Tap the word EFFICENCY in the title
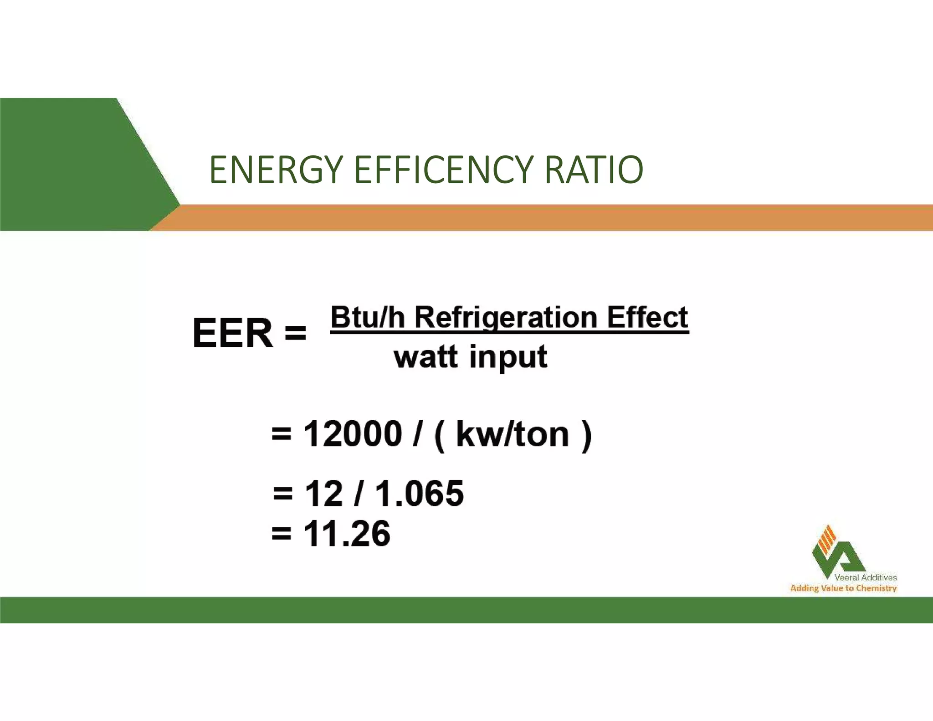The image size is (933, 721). (442, 170)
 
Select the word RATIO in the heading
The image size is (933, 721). (594, 170)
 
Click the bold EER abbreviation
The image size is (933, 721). (233, 333)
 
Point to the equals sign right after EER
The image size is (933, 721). (295, 332)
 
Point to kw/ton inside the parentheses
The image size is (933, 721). (513, 434)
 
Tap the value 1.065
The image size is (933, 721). (420, 494)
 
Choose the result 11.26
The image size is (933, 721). (347, 534)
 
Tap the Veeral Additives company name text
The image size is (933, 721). (865, 577)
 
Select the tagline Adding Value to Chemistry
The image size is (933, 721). (843, 588)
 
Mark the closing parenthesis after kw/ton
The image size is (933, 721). (587, 435)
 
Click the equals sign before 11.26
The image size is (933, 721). (281, 533)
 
